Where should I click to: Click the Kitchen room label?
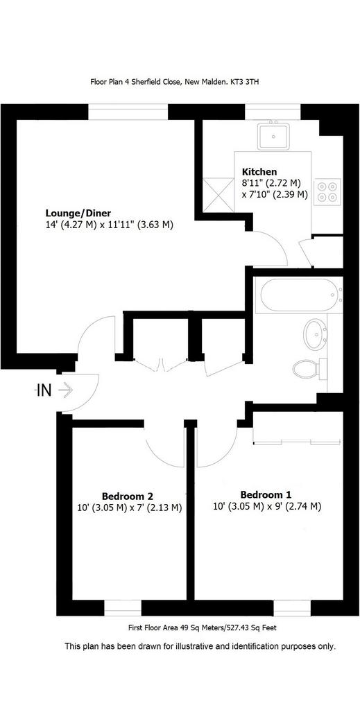259,172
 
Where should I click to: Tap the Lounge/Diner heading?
78,213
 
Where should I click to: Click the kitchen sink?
273,136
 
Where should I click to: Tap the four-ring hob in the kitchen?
327,191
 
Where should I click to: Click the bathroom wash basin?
316,334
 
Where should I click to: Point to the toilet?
310,369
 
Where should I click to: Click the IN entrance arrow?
65,390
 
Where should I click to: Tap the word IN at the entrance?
44,390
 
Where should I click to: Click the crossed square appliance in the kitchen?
218,195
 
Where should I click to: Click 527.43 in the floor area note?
233,628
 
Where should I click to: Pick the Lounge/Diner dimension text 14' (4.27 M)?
71,225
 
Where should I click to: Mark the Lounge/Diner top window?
128,112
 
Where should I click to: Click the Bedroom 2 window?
123,608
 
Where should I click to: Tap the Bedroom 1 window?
293,608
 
